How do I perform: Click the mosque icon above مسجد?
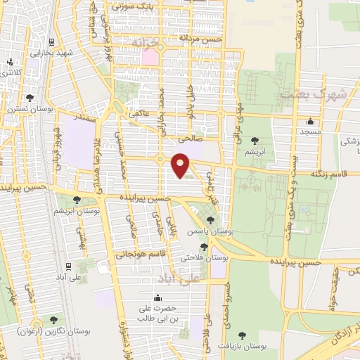(x=311, y=121)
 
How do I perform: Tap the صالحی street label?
(x=190, y=139)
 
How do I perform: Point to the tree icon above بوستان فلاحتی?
(x=204, y=247)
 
